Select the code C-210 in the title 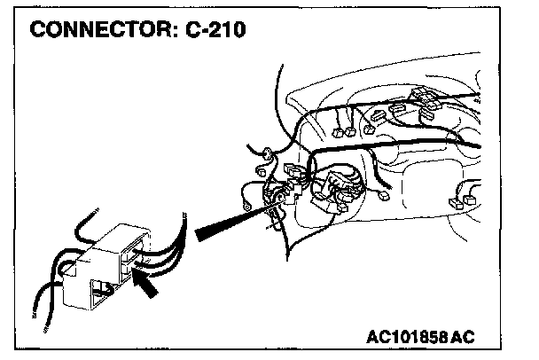(x=214, y=29)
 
